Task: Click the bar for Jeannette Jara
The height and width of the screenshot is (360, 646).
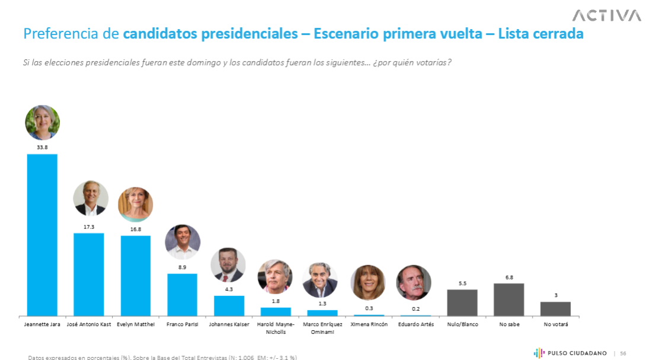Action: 42,235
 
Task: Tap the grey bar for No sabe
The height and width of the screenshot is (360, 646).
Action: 509,300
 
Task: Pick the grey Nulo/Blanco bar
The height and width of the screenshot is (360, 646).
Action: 462,302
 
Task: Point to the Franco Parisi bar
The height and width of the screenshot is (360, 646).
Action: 182,294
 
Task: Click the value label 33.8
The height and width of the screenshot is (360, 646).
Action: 42,147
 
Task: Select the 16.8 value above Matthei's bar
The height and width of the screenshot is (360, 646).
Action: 136,229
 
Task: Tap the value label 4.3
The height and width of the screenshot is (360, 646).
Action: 229,289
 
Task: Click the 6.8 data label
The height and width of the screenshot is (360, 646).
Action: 509,276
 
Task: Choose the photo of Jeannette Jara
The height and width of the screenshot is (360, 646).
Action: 42,122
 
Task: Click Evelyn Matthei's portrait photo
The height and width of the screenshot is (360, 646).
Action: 136,205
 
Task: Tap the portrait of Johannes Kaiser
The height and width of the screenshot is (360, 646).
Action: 228,265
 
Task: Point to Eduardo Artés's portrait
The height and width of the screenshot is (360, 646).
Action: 414,282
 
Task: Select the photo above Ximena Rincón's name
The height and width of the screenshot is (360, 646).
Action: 368,282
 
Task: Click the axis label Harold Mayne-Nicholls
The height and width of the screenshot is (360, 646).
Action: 276,328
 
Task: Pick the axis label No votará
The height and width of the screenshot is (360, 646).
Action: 555,324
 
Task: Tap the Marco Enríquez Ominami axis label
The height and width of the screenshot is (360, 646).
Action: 322,328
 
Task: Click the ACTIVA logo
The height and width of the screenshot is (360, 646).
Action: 606,15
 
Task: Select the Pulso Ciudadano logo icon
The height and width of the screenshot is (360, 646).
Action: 539,353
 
